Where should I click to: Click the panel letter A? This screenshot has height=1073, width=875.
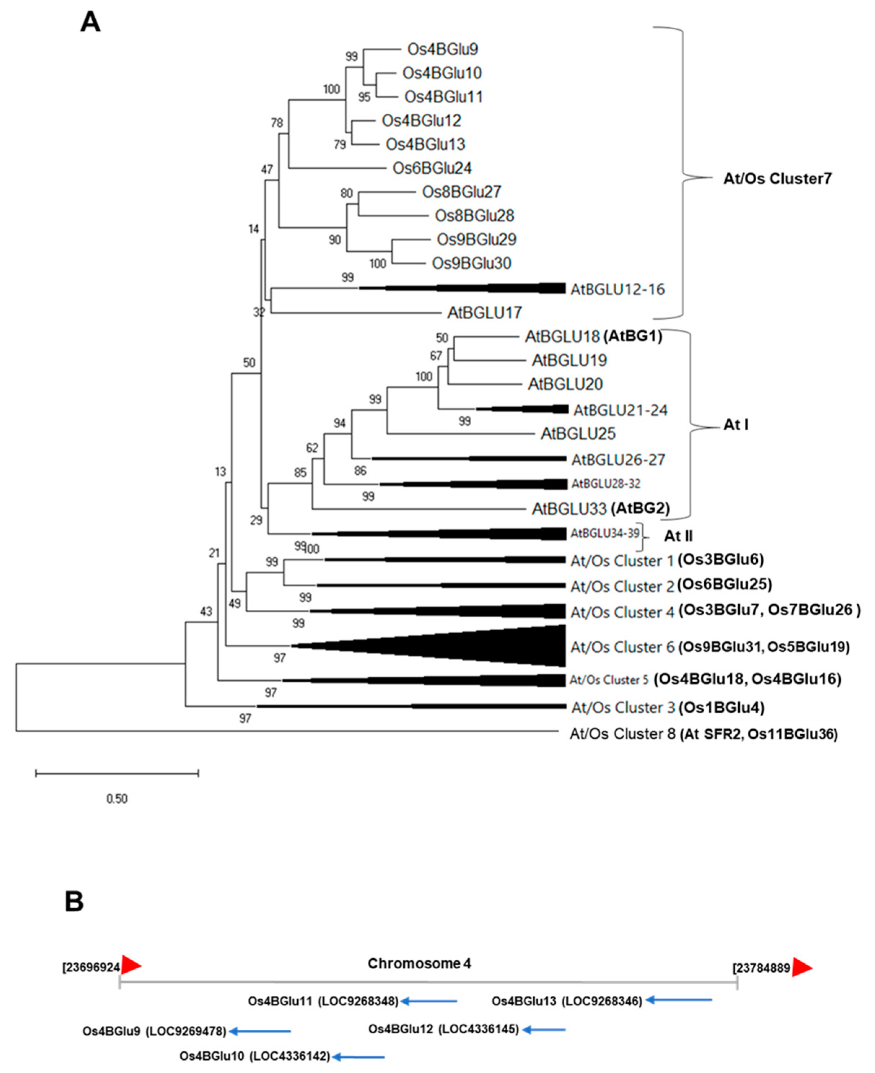(90, 23)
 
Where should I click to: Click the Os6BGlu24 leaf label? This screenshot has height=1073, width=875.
(432, 168)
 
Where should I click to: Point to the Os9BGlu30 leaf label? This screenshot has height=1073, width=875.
(471, 263)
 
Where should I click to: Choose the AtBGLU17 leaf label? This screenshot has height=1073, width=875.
(484, 313)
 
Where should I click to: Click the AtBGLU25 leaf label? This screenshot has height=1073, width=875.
(578, 434)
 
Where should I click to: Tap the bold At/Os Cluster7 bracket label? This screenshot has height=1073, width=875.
(777, 178)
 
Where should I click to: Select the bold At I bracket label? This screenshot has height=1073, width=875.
(736, 425)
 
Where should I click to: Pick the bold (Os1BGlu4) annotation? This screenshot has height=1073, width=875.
(721, 707)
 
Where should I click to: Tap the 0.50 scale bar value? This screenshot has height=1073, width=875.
(117, 798)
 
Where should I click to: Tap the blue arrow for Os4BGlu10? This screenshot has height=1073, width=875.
(358, 1056)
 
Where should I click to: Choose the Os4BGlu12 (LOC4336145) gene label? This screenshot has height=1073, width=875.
(443, 1029)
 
